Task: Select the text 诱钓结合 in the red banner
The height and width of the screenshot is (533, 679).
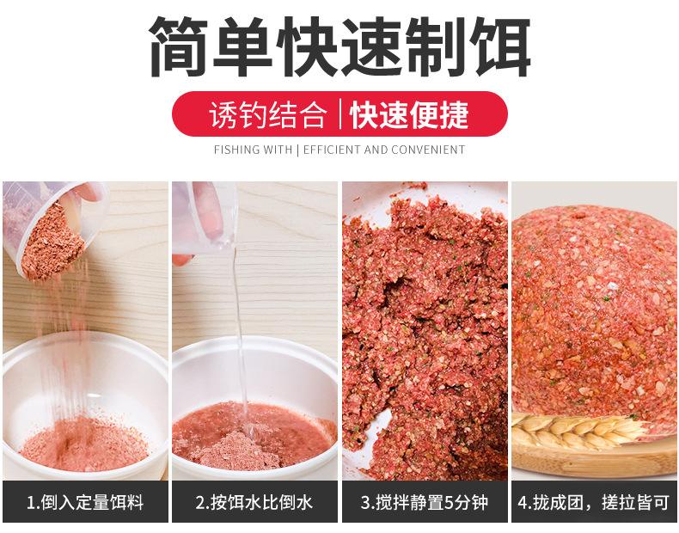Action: click(x=268, y=115)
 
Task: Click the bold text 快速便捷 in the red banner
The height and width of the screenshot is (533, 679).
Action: click(x=409, y=115)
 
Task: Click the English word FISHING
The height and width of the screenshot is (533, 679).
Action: click(x=236, y=150)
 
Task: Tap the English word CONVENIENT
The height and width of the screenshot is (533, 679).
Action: click(x=428, y=150)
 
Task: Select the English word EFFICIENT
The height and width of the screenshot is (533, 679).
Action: click(x=332, y=150)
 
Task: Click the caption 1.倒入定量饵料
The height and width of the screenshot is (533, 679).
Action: click(x=85, y=503)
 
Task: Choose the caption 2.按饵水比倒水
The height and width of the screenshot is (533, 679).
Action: click(x=254, y=503)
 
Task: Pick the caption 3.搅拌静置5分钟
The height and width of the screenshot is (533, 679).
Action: click(x=425, y=503)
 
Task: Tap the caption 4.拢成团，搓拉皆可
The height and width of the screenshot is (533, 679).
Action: click(x=594, y=503)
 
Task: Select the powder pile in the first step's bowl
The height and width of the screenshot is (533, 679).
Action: click(x=84, y=444)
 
